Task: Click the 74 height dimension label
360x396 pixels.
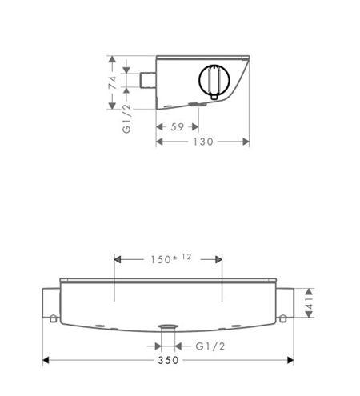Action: pyautogui.click(x=112, y=82)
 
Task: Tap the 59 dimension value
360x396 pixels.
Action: pyautogui.click(x=178, y=127)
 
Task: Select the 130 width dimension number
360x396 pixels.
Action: pyautogui.click(x=203, y=142)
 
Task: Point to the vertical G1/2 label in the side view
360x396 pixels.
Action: pyautogui.click(x=127, y=118)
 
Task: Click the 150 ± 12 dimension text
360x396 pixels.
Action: pyautogui.click(x=171, y=258)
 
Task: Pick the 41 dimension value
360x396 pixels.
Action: pyautogui.click(x=310, y=303)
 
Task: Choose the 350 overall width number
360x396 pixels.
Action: pyautogui.click(x=168, y=360)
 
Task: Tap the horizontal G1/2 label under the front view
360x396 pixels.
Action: pyautogui.click(x=210, y=346)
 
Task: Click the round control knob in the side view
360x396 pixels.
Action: pyautogui.click(x=214, y=80)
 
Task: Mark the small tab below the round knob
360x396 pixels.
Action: pyautogui.click(x=214, y=97)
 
